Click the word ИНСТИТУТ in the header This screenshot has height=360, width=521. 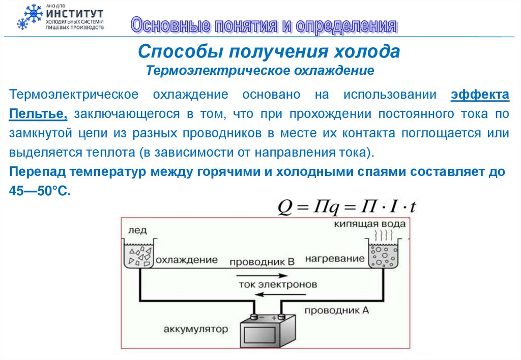tap(74, 13)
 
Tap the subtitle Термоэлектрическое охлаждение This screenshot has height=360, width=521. tap(260, 70)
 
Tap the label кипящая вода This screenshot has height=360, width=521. tap(370, 224)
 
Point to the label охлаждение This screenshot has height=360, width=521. tap(187, 260)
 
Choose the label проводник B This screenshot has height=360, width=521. tap(262, 262)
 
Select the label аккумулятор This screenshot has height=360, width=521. tap(196, 328)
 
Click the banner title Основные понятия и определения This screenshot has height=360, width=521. tap(263, 25)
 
